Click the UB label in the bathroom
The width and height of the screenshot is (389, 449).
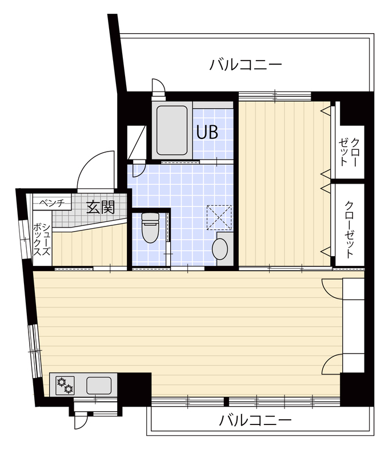(x=207, y=132)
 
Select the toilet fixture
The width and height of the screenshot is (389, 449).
(x=150, y=228)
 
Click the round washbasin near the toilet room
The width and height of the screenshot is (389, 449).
(x=220, y=249)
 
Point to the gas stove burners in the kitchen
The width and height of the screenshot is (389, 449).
(x=65, y=385)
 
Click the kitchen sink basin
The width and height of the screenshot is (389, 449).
(x=99, y=385)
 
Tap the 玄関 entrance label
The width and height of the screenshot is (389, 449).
(x=101, y=207)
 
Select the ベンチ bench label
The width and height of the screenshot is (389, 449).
(x=52, y=203)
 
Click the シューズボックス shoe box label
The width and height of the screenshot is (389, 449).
(x=42, y=240)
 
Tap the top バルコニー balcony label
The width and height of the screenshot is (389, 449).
(x=246, y=65)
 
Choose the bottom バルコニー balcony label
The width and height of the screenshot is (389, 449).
(x=255, y=420)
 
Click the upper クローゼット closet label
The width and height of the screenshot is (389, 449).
(x=350, y=152)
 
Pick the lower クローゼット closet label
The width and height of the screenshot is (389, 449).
(x=349, y=229)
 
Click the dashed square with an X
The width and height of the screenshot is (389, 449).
(x=219, y=217)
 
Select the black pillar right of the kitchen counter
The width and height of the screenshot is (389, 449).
(x=134, y=389)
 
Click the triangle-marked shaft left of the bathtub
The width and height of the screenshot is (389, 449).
(x=137, y=142)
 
